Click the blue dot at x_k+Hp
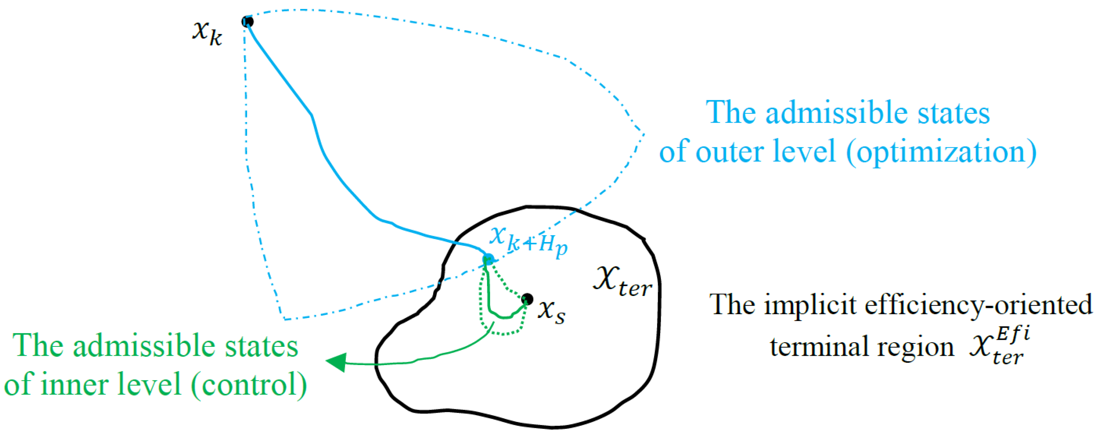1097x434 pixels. coord(488,259)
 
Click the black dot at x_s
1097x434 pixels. coord(527,299)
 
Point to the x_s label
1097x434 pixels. coord(552,312)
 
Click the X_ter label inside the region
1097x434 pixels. coord(622,282)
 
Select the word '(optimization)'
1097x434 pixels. coord(941,152)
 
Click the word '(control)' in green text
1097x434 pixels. coord(249,384)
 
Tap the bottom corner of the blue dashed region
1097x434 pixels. coord(284,319)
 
